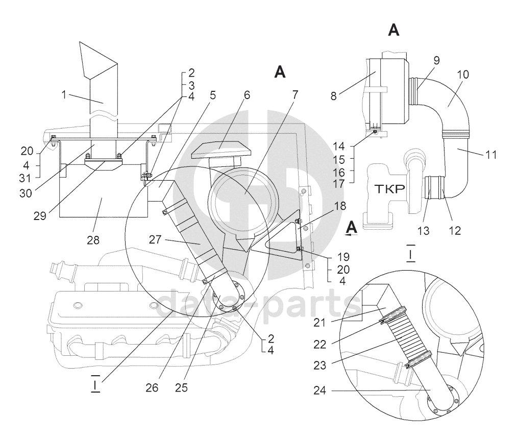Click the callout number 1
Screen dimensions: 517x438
click(x=64, y=95)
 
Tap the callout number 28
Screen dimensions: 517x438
click(x=93, y=240)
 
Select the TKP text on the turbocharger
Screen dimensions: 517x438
click(x=389, y=189)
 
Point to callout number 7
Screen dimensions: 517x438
click(x=295, y=95)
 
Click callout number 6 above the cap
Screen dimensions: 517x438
click(x=247, y=95)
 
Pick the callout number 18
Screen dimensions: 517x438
click(x=340, y=206)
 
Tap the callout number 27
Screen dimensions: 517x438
click(x=155, y=239)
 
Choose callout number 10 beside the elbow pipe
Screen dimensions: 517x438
click(x=462, y=75)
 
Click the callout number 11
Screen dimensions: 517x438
click(x=491, y=154)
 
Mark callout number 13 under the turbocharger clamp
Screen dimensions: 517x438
click(x=424, y=231)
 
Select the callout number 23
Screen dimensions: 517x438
click(x=319, y=366)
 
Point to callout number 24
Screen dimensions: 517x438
click(x=319, y=391)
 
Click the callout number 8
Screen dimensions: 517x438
click(x=334, y=96)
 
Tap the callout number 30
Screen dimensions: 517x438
click(x=26, y=193)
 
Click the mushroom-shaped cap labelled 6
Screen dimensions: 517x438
click(x=221, y=151)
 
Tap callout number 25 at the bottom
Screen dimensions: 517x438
click(x=181, y=388)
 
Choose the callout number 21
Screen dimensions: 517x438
click(x=319, y=323)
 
